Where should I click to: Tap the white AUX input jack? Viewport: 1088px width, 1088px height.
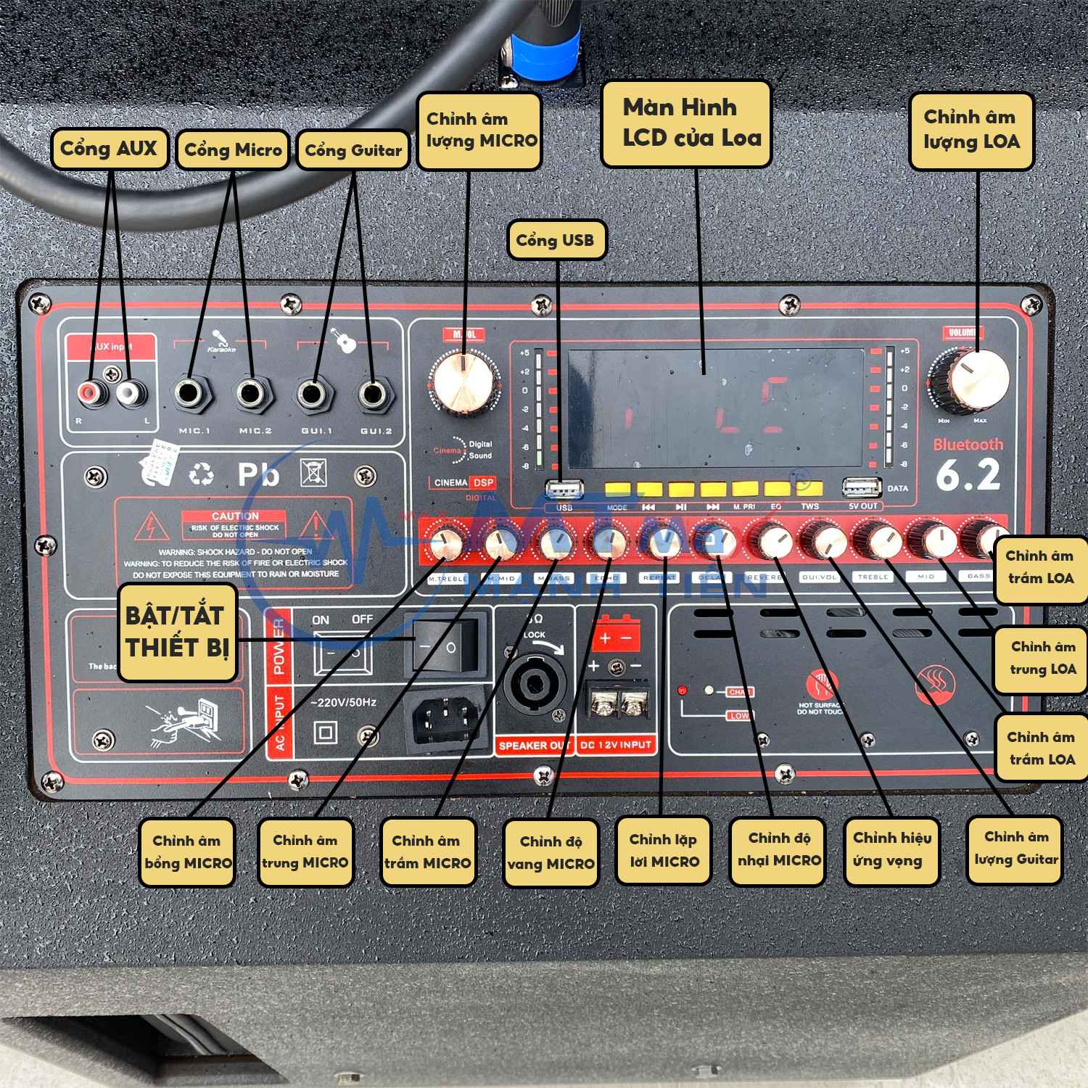click(129, 394)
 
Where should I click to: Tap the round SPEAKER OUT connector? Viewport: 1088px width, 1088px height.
click(534, 684)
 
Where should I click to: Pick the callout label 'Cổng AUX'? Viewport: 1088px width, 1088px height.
click(109, 149)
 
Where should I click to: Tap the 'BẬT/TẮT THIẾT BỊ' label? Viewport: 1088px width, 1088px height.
click(176, 632)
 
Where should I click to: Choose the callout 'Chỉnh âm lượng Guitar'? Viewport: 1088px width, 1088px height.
click(1016, 848)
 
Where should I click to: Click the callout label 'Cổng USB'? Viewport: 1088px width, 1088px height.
click(555, 240)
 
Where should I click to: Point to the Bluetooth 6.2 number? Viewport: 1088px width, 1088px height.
click(968, 475)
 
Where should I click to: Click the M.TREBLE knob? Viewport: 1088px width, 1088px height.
click(447, 543)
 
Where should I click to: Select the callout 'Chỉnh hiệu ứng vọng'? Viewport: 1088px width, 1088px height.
click(891, 849)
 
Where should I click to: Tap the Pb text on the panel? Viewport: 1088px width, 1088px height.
click(258, 474)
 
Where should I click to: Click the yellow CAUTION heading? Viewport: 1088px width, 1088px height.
click(236, 516)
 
